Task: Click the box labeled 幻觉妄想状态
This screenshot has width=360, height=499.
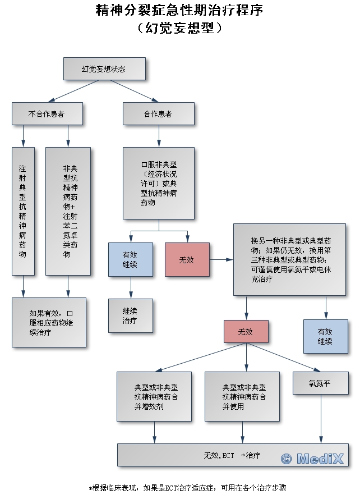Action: pyautogui.click(x=104, y=69)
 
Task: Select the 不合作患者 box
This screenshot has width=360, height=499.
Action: pyautogui.click(x=47, y=113)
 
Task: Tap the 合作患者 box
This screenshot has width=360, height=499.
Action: pyautogui.click(x=159, y=113)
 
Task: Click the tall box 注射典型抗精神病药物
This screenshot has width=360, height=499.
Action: pyautogui.click(x=23, y=211)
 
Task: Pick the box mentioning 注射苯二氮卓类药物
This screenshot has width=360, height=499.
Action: pyautogui.click(x=68, y=211)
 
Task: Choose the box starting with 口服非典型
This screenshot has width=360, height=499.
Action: pyautogui.click(x=159, y=183)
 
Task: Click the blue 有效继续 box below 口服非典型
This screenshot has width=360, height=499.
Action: pyautogui.click(x=131, y=259)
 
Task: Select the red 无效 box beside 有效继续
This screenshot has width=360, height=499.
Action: pyautogui.click(x=187, y=259)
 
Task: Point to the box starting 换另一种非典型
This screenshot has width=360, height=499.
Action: pyautogui.click(x=290, y=259)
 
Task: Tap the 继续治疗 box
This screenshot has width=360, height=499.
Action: pyautogui.click(x=131, y=315)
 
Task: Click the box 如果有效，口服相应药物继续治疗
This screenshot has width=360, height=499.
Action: pyautogui.click(x=49, y=322)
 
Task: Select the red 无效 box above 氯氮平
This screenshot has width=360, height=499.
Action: pyautogui.click(x=246, y=331)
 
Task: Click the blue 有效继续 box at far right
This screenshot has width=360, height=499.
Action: pyautogui.click(x=326, y=336)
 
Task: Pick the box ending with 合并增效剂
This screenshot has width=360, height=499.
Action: pyautogui.click(x=156, y=396)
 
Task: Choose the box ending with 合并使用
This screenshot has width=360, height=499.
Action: pyautogui.click(x=242, y=396)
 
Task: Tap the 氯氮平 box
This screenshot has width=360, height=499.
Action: pyautogui.click(x=320, y=383)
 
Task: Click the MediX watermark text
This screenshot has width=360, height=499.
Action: pyautogui.click(x=312, y=459)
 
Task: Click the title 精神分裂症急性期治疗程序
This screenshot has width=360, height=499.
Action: pyautogui.click(x=179, y=10)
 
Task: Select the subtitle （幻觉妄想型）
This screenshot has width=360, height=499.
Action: pyautogui.click(x=179, y=28)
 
